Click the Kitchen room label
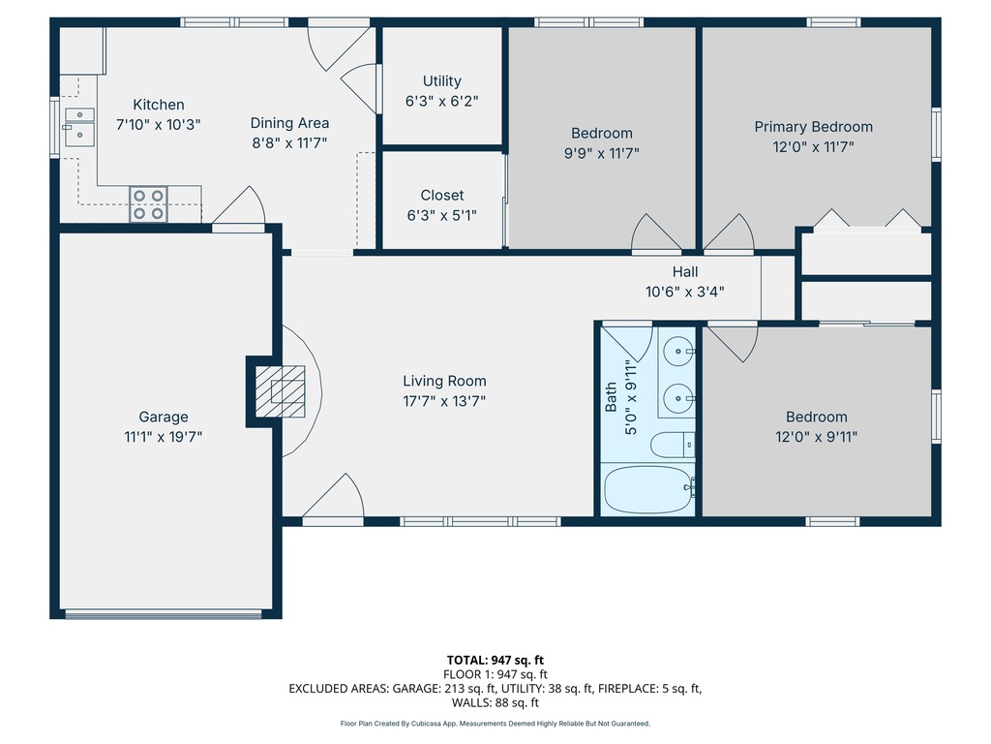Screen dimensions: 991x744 point(159,105)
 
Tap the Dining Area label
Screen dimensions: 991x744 point(289,123)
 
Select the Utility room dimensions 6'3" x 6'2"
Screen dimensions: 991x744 point(441,101)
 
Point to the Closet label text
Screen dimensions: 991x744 point(441,195)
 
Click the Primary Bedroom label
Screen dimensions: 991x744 point(813,127)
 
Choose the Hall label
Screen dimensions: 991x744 point(685,271)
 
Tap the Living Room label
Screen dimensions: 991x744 point(444,381)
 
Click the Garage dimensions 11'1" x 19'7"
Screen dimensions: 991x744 point(163,437)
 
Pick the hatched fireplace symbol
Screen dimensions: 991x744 point(280,391)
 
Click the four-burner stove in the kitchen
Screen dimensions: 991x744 point(148,204)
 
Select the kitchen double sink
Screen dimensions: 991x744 point(79,127)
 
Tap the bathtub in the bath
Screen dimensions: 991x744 point(649,489)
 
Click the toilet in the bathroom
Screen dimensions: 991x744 point(673,445)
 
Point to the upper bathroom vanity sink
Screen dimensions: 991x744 point(678,351)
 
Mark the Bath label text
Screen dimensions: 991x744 point(611,396)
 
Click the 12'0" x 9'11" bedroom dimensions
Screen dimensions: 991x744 point(817,437)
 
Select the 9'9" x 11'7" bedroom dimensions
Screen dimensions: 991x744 point(602,153)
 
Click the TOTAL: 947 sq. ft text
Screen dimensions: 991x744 point(495,661)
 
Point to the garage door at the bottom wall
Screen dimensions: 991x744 point(163,613)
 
